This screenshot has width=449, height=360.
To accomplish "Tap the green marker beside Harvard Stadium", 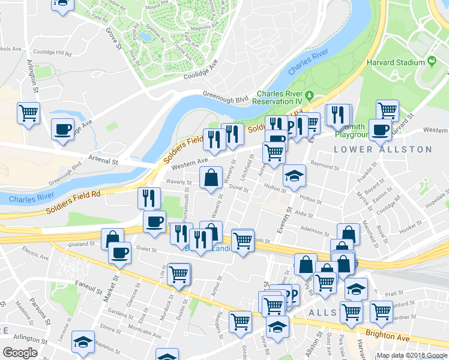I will [x=431, y=62].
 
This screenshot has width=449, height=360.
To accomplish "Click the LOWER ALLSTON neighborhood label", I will [x=382, y=149].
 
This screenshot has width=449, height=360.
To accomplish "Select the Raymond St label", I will [x=325, y=164].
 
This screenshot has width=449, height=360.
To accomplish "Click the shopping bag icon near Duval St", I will [x=211, y=178].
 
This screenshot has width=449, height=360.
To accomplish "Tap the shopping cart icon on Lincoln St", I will [x=243, y=241].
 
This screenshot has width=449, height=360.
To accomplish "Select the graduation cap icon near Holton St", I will [x=294, y=176].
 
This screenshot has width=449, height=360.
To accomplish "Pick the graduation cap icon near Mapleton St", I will [x=83, y=341].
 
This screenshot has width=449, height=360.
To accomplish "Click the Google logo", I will [x=20, y=353].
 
